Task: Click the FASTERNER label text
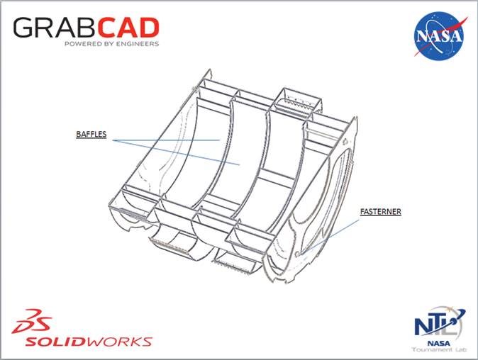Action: point(379,210)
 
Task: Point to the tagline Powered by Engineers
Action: point(111,44)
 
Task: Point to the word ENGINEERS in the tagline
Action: point(140,44)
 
